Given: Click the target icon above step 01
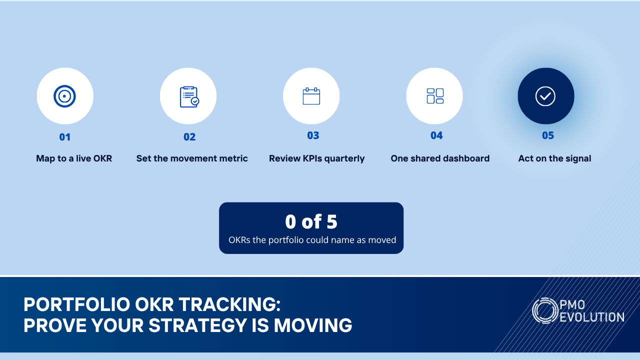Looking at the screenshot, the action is tap(64, 96).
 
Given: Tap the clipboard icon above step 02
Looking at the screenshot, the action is tap(189, 97).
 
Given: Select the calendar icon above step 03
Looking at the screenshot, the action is tap(311, 96).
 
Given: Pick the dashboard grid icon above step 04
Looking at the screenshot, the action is tap(435, 96).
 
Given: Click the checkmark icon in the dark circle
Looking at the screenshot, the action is tap(545, 96).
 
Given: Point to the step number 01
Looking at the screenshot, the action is tap(65, 137).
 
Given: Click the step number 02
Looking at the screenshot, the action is tap(189, 137).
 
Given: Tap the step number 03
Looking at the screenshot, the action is tap(313, 135).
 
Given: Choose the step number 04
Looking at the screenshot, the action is tap(436, 135).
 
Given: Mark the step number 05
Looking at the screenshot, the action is tap(548, 135).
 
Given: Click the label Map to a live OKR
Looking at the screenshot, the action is tap(74, 158).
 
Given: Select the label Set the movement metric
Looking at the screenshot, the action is tap(192, 158).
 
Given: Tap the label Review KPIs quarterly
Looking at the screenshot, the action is tap(317, 158).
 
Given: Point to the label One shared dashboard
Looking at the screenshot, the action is tap(440, 158).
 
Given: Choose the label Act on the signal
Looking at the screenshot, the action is tap(554, 158).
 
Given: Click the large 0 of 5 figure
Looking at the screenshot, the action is tap(311, 221).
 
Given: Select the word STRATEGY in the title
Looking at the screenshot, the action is tap(197, 325).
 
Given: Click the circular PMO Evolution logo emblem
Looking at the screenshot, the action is tap(545, 310).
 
